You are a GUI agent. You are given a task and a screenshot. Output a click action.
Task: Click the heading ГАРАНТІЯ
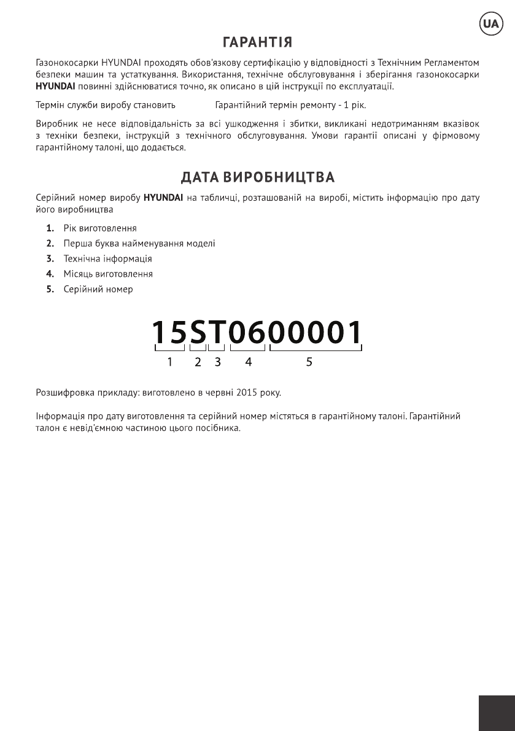point(257,43)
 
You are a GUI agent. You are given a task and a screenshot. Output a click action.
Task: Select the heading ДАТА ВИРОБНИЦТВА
point(257,178)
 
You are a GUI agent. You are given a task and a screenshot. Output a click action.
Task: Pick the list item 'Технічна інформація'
point(107,259)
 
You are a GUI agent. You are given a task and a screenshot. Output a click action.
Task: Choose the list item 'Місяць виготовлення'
point(108,274)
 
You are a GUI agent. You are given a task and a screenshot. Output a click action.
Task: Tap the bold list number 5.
point(50,289)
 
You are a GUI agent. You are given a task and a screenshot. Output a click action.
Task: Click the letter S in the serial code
point(198,333)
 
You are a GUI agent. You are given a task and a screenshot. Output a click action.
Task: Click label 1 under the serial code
point(169,363)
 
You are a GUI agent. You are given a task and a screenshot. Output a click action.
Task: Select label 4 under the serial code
point(248,363)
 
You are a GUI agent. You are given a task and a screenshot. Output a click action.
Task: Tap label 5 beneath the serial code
point(309,363)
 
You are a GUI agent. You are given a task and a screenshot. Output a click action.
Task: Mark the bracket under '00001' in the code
point(316,349)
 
